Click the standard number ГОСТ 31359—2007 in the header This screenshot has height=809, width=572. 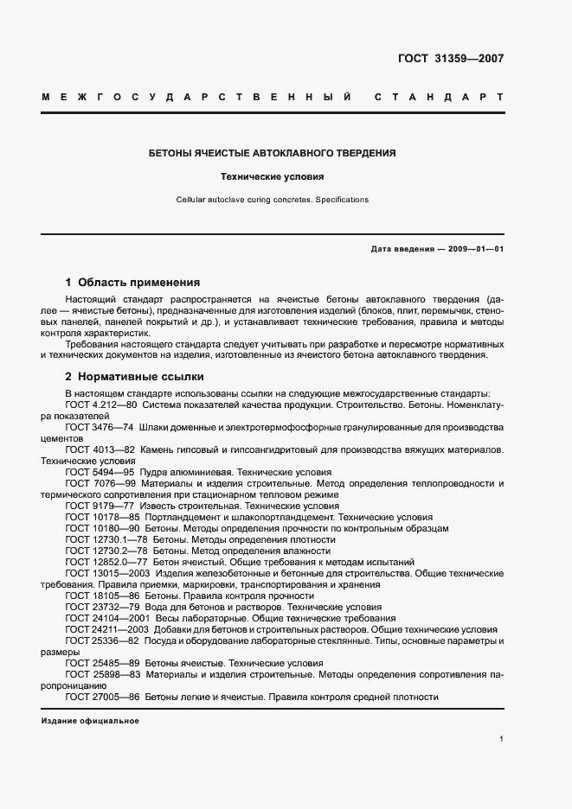[450, 60]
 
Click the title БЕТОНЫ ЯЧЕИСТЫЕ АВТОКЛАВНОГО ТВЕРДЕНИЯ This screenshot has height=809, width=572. [273, 153]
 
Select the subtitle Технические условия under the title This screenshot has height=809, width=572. [273, 177]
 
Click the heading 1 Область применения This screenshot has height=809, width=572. [132, 283]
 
